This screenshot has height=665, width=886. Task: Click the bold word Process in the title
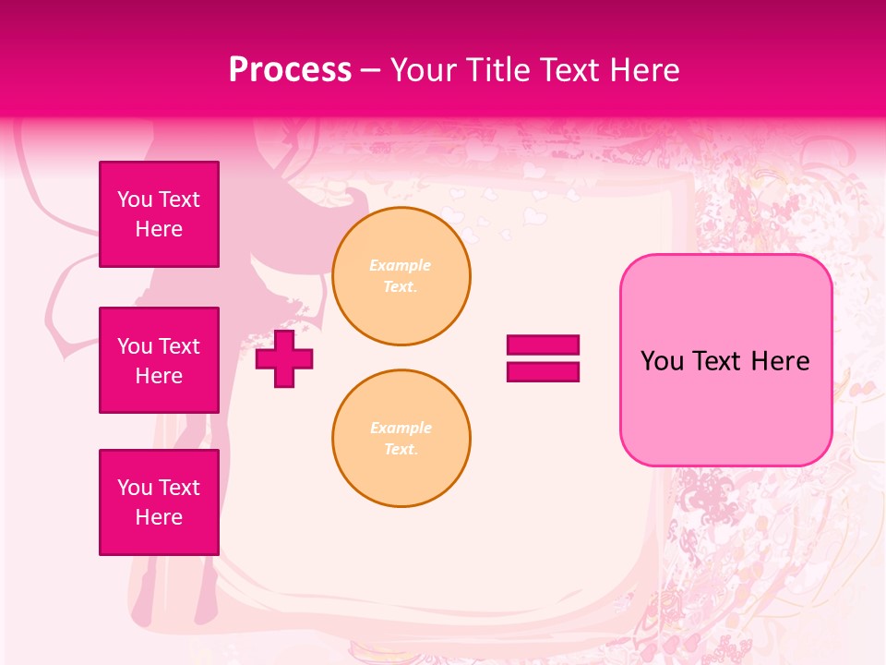[290, 70]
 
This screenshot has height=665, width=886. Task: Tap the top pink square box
[159, 214]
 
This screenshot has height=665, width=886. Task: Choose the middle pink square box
[159, 360]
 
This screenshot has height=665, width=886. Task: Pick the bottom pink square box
[159, 502]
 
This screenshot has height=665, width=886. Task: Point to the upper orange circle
[401, 276]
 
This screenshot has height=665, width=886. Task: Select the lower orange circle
[401, 439]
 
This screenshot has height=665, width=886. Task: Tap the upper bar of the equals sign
[543, 345]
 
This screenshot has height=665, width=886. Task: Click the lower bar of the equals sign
[543, 371]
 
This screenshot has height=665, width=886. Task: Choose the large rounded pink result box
[725, 359]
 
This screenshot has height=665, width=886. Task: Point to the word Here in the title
[642, 70]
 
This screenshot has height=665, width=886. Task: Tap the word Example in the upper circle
[401, 265]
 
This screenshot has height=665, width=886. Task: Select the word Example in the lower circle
[401, 428]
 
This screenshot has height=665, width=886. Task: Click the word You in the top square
[134, 199]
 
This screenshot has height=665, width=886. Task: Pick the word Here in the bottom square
[159, 517]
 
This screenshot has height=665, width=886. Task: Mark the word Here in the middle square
[159, 376]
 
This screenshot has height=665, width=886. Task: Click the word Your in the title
[424, 70]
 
